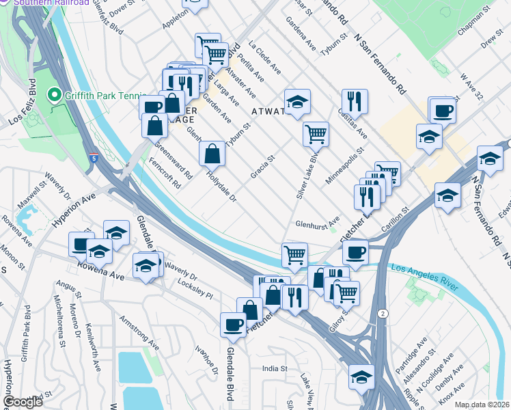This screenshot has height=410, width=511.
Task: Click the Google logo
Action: (x=23, y=402)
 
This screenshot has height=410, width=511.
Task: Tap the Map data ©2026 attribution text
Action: (x=482, y=405)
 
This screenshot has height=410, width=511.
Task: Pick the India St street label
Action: (x=275, y=369)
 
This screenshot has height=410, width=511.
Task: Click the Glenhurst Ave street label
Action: (x=318, y=223)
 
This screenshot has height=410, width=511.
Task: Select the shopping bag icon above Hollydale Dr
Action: (x=212, y=154)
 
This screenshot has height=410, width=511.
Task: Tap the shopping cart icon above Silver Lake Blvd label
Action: (x=315, y=134)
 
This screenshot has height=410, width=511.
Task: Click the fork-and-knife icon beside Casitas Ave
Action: (x=355, y=102)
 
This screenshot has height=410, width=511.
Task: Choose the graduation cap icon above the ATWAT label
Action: (x=297, y=102)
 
